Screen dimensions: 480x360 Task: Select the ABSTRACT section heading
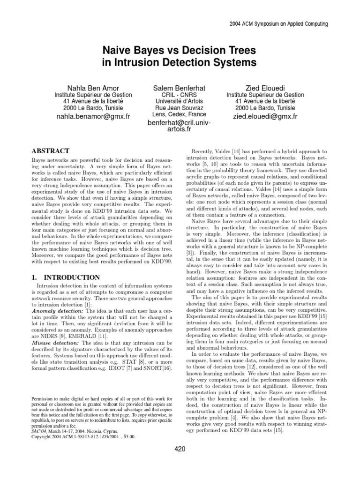click(50, 151)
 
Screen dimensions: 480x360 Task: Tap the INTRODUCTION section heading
click(65, 277)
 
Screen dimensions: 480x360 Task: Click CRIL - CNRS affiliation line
click(180, 94)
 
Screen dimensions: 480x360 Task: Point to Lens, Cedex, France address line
click(180, 114)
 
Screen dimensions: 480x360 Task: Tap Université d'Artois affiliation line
click(180, 101)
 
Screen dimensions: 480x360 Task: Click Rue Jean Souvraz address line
click(180, 107)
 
